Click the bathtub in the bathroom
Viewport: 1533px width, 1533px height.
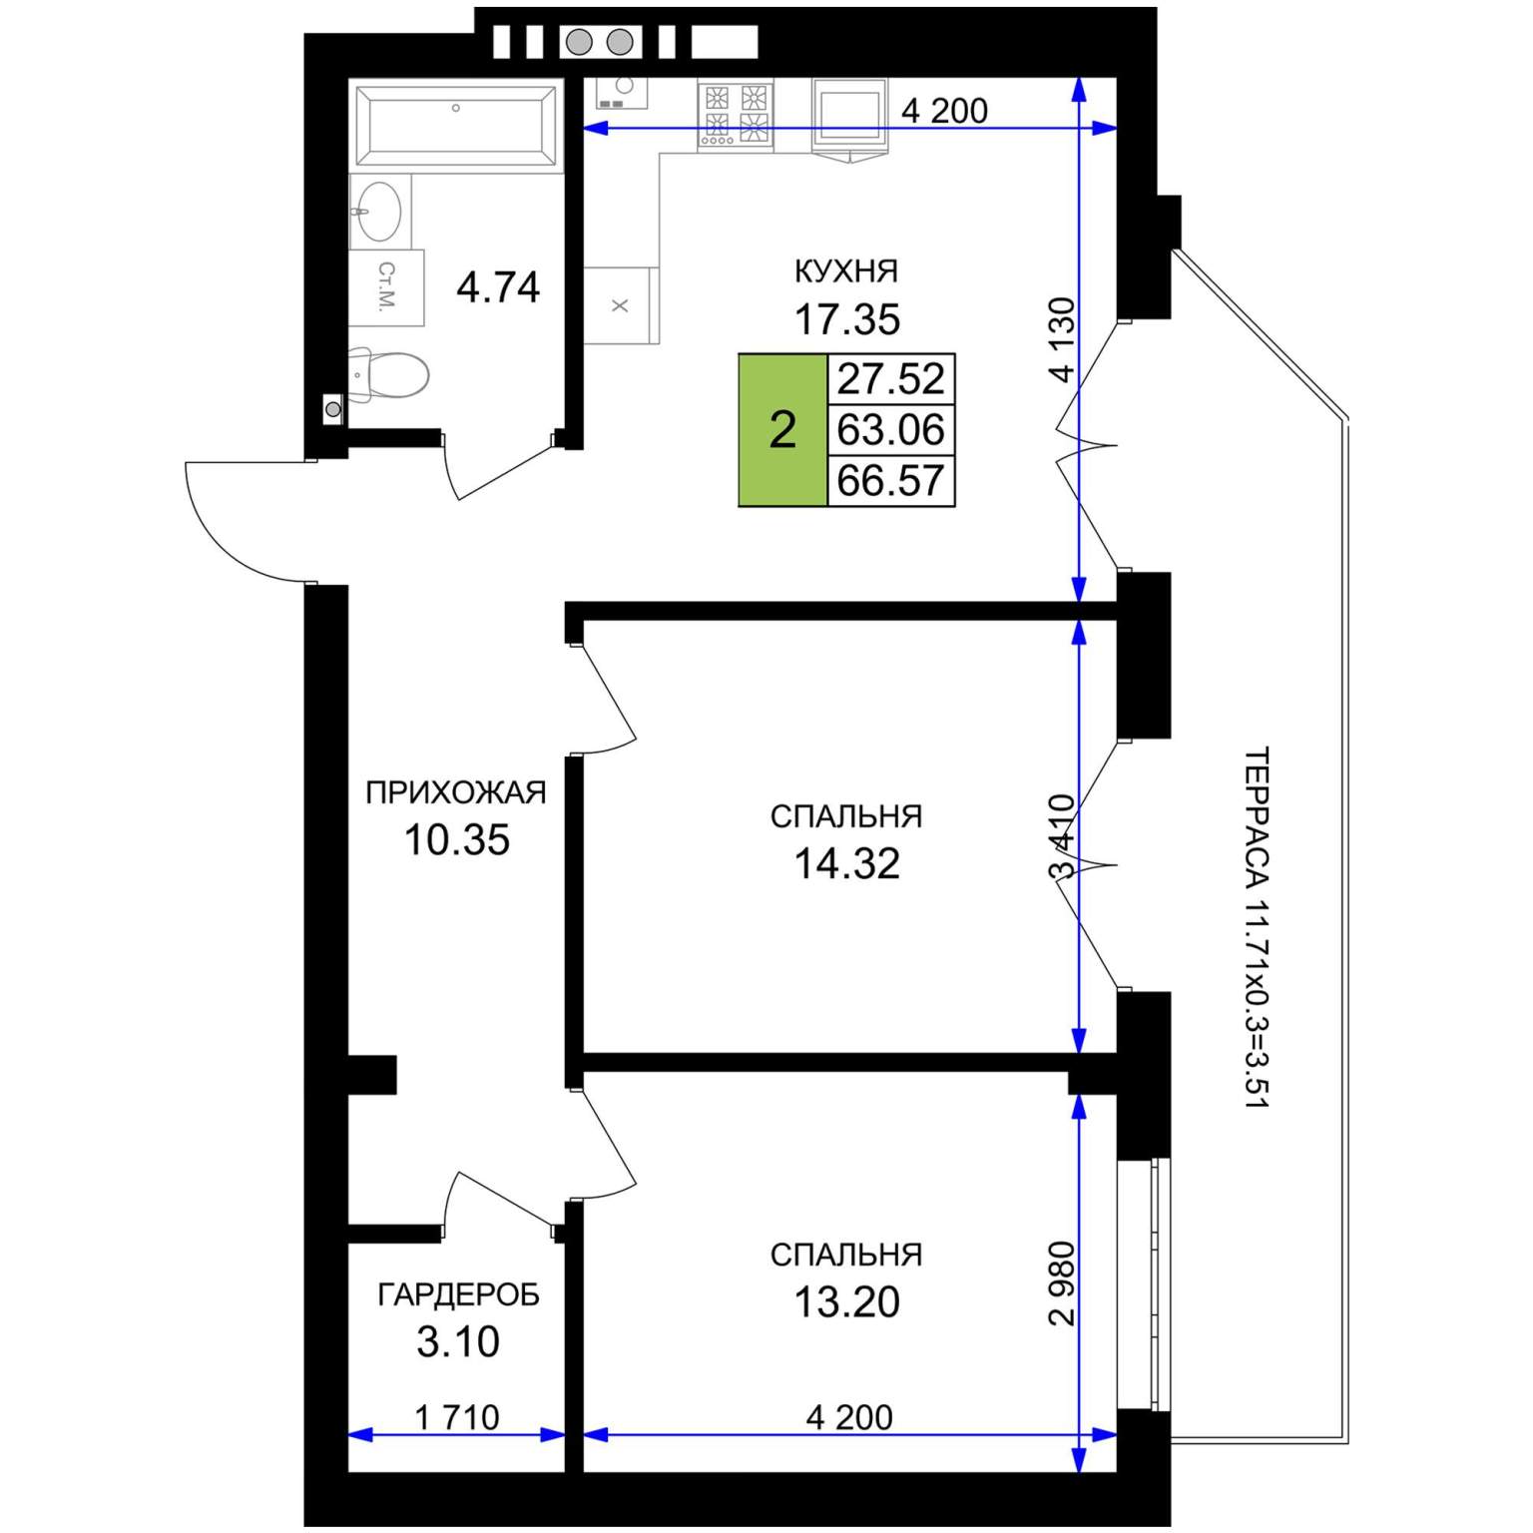[456, 125]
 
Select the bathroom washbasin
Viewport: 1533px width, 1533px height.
[378, 211]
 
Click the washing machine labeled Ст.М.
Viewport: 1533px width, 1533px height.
[387, 287]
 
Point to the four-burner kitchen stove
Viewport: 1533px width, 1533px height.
[736, 115]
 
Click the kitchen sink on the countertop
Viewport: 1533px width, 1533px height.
[622, 94]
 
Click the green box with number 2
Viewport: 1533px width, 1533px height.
[782, 430]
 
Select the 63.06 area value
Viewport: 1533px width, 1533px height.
[890, 430]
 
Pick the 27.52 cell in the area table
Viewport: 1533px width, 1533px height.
[890, 379]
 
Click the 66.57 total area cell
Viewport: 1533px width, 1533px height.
[890, 481]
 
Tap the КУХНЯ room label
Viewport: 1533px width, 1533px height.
[846, 271]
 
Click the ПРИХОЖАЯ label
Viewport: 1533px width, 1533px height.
[456, 792]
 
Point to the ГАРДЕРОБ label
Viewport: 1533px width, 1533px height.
[458, 1294]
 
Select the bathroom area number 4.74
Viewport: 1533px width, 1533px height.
[498, 287]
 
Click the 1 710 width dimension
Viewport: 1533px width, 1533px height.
[457, 1417]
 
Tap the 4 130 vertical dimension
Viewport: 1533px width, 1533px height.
[1064, 339]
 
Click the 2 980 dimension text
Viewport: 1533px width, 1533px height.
[1064, 1283]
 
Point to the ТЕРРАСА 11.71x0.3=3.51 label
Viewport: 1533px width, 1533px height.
[1258, 927]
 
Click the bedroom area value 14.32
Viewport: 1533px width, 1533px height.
[846, 864]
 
